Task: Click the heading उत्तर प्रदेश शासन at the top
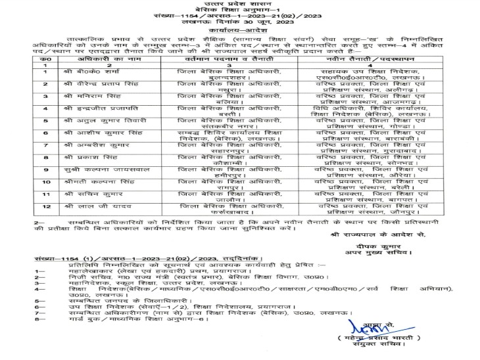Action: (239, 5)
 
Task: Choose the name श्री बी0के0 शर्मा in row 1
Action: (87, 72)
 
